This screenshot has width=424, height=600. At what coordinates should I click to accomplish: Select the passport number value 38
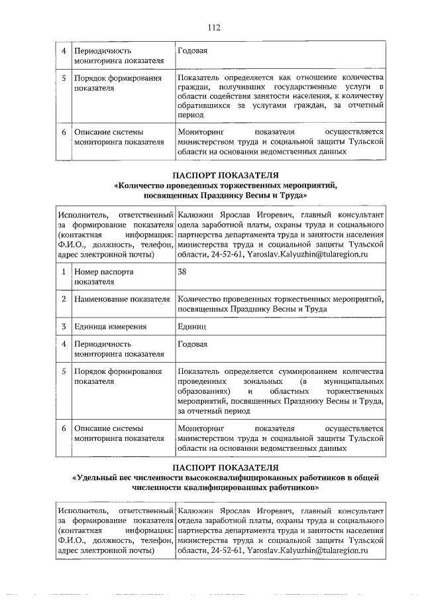[183, 271]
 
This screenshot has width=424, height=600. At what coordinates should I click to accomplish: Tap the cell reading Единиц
[193, 326]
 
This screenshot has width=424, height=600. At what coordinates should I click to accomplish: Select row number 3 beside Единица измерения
[63, 326]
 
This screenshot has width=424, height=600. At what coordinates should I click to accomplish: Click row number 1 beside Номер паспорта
[63, 272]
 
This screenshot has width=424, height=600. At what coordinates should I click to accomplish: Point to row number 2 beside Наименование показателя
[63, 299]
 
